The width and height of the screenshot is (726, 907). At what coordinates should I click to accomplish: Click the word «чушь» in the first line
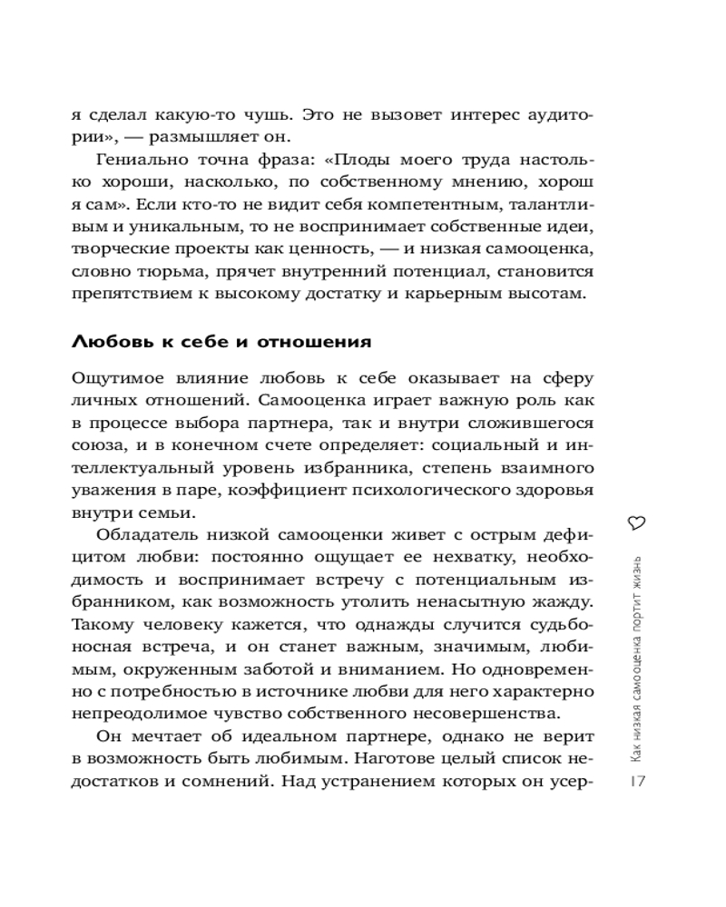coord(270,116)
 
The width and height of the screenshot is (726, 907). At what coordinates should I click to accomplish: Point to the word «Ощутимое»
coord(114,379)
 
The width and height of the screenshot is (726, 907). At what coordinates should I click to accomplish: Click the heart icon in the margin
coord(636,521)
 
